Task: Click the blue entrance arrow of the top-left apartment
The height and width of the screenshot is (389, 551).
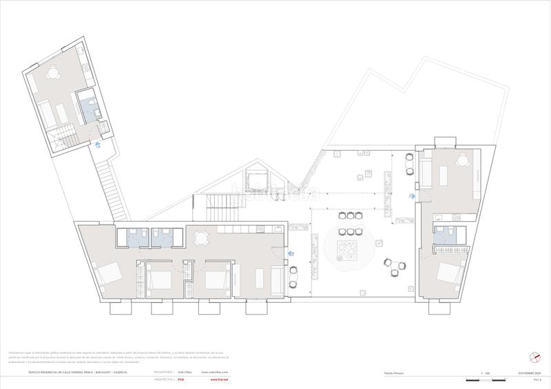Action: coord(98,145)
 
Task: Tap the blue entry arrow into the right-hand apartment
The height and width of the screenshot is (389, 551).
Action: coord(412,196)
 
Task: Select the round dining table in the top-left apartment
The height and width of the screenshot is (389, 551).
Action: coord(53,73)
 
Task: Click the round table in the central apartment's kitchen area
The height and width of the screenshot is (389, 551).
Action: coord(201,238)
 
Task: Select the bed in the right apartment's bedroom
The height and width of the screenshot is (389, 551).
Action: coord(449,274)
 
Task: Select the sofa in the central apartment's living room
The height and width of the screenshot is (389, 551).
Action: coord(277,279)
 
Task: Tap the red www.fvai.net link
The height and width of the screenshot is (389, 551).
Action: coord(219,379)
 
